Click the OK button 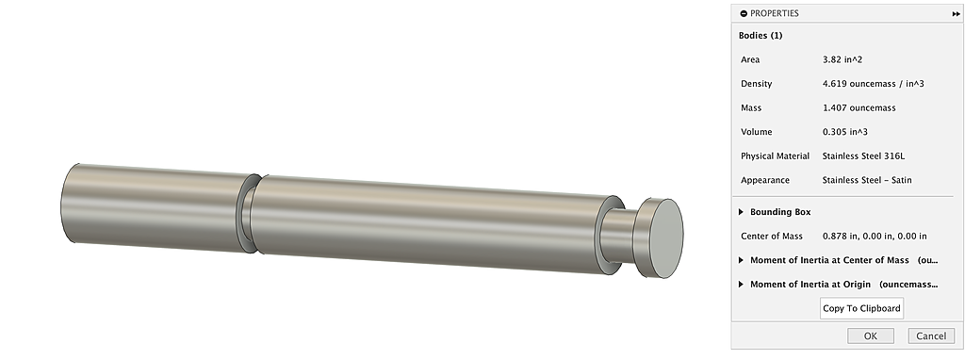(x=870, y=336)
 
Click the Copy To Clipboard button (x=861, y=308)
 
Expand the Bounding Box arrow (x=741, y=212)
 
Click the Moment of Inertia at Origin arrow (x=741, y=285)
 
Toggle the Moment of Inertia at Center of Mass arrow (x=741, y=260)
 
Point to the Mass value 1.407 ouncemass (x=859, y=107)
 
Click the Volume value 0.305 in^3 (x=845, y=132)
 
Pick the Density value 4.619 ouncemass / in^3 (x=874, y=84)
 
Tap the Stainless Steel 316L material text (x=863, y=156)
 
